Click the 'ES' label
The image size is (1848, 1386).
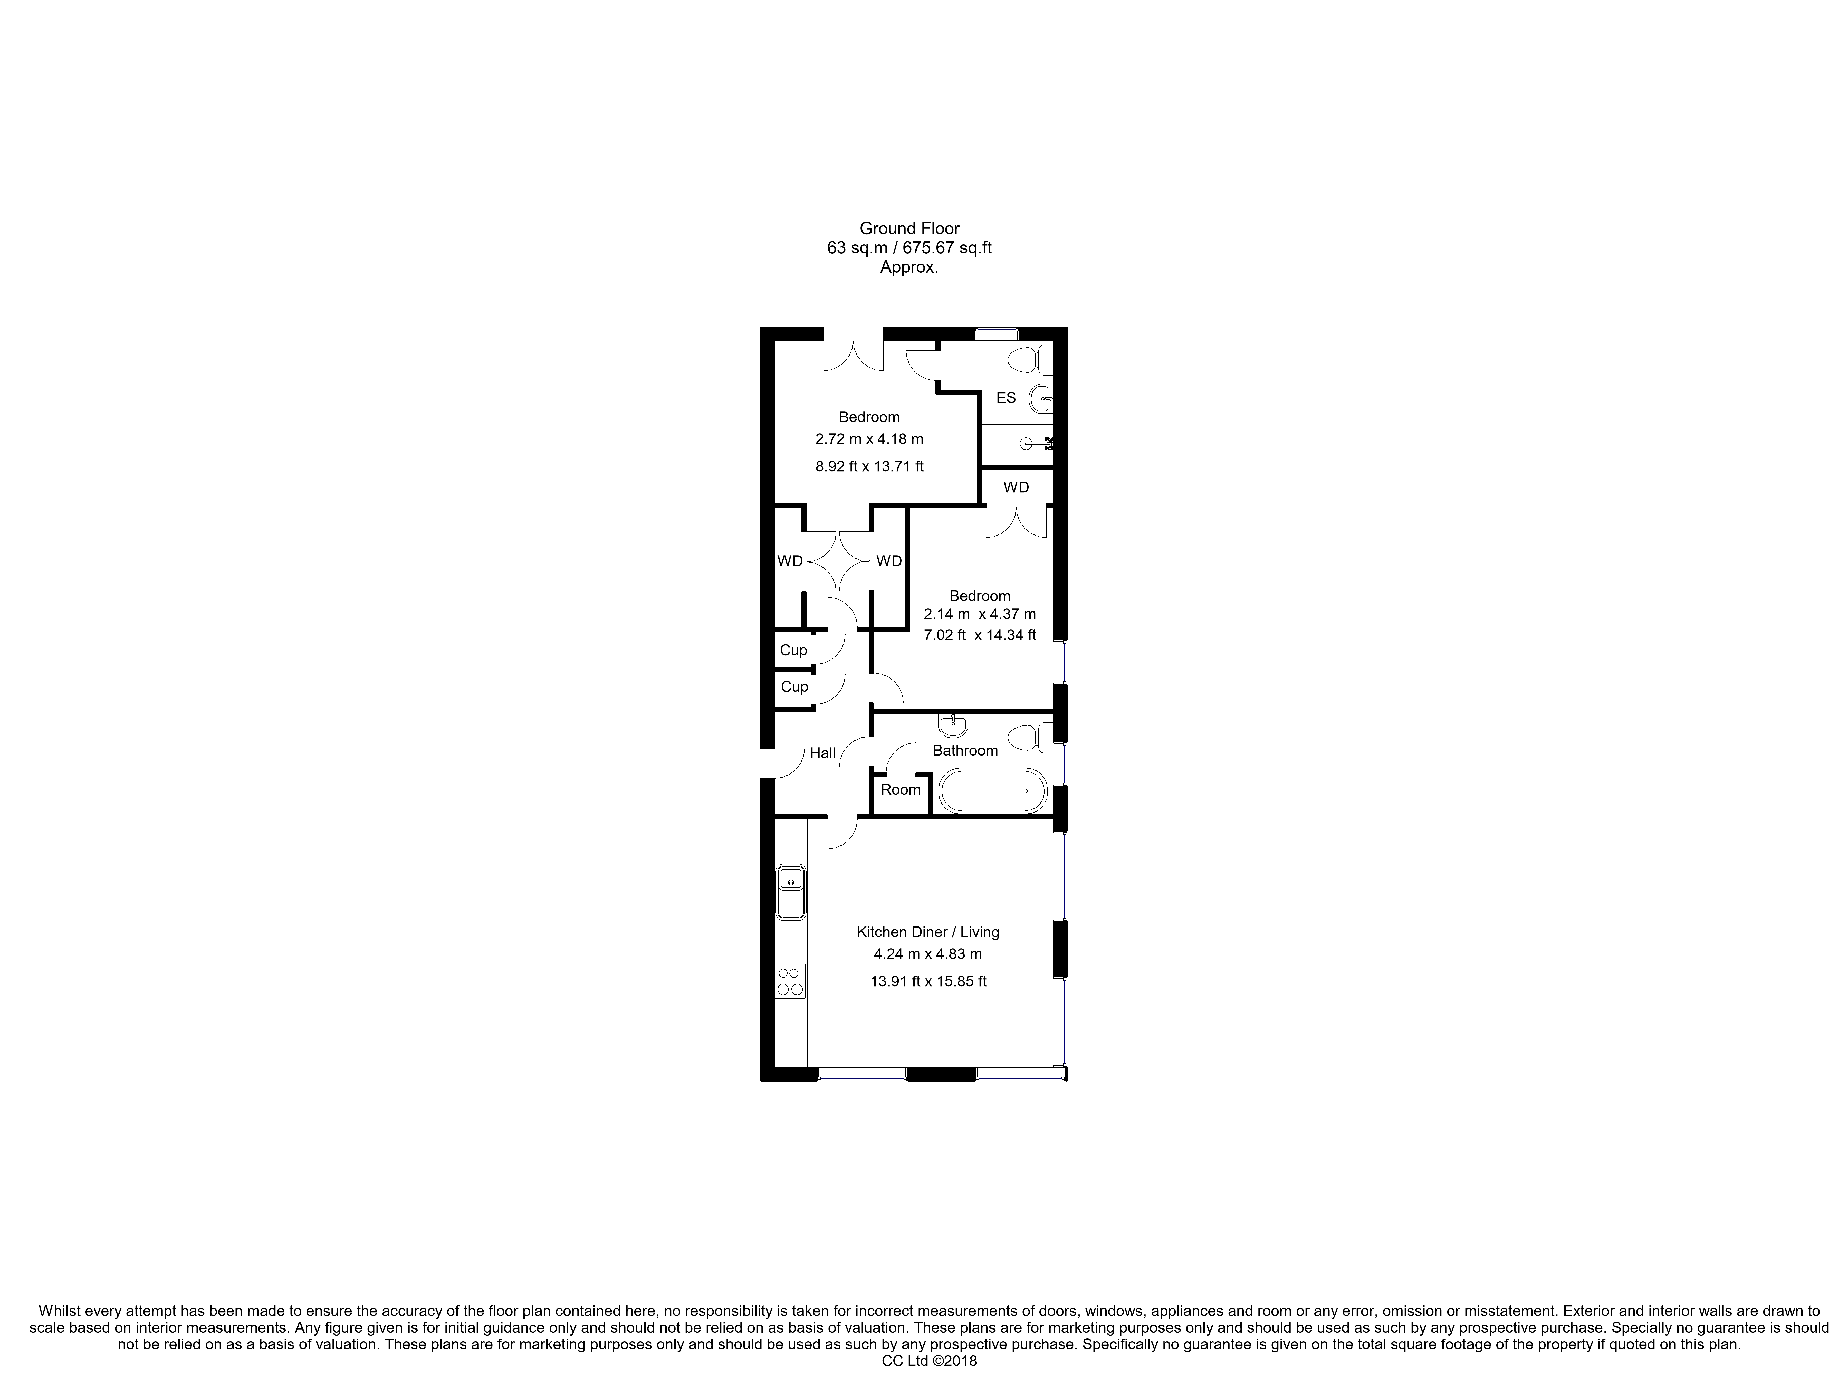tap(1006, 398)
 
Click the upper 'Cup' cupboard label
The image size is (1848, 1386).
tap(793, 650)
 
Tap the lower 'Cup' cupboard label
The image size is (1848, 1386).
tap(794, 687)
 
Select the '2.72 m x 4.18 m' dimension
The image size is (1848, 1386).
tap(869, 439)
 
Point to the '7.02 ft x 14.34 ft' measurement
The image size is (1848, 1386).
tap(979, 635)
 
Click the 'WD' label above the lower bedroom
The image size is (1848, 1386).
tap(1016, 487)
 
